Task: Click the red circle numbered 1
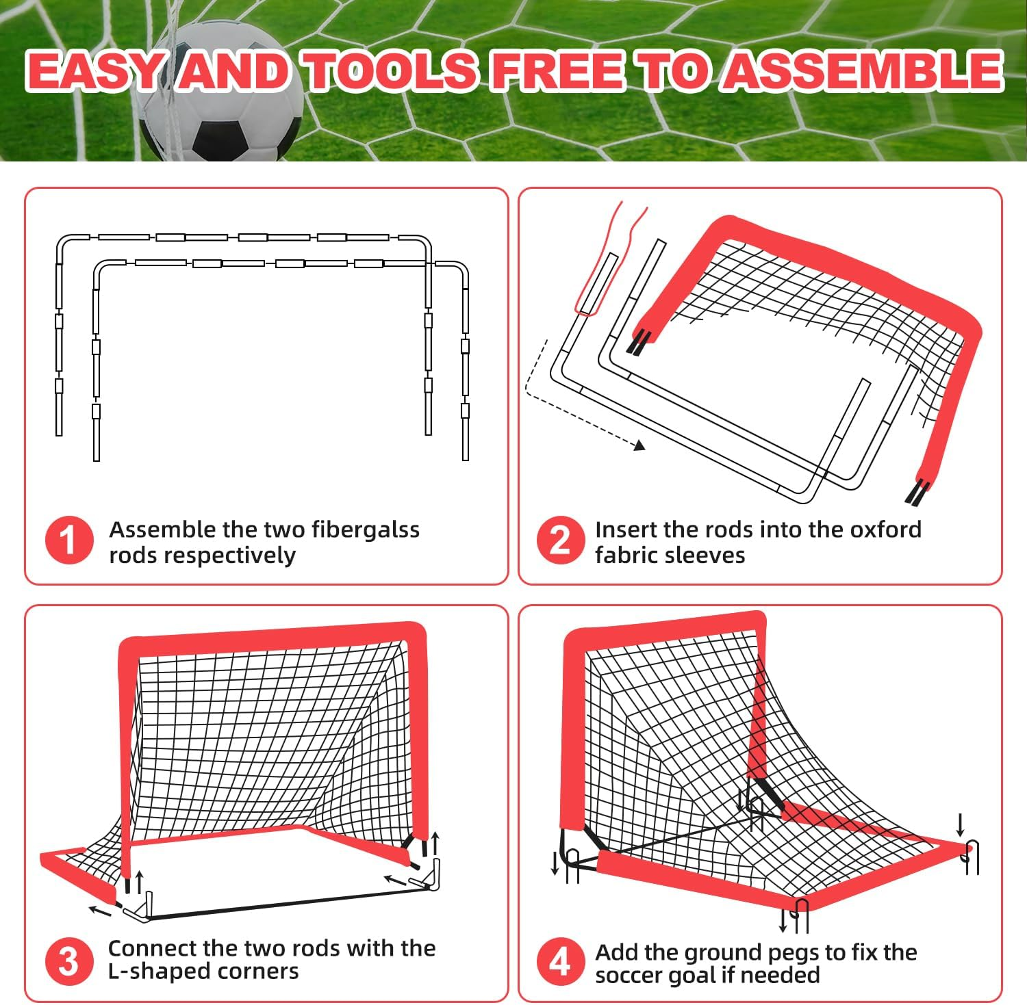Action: click(69, 540)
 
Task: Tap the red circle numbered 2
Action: click(560, 540)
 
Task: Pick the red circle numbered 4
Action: click(560, 961)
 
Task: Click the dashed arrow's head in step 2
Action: click(639, 445)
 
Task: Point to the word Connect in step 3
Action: click(149, 948)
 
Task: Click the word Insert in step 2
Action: click(625, 530)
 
